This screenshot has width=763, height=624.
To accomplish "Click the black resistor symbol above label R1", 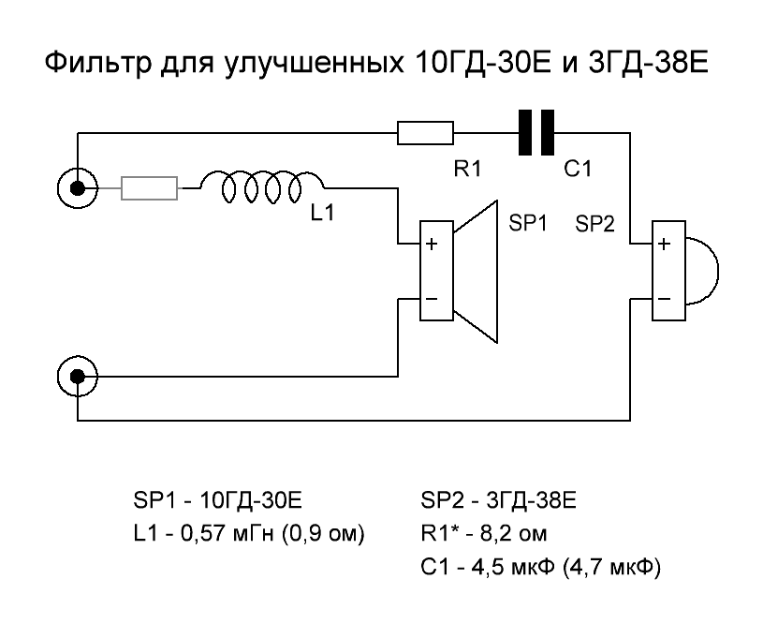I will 426,133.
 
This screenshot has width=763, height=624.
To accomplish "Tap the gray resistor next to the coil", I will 150,189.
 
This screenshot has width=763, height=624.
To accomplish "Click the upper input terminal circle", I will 78,189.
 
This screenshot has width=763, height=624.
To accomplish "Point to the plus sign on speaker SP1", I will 432,245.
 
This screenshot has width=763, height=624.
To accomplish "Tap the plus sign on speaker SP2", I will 663,245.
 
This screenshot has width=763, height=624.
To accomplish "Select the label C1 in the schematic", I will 577,171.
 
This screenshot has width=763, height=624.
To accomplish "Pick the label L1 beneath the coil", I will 323,215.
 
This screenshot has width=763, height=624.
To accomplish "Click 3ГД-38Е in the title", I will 647,67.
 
